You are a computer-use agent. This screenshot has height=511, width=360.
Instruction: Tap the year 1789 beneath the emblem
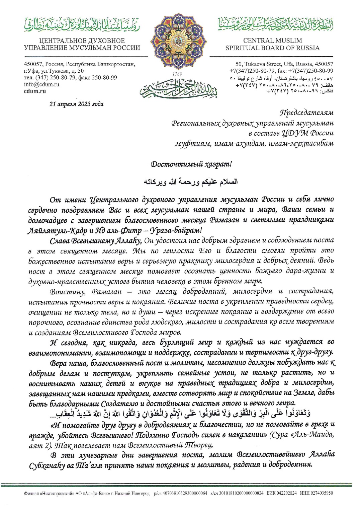click(177, 73)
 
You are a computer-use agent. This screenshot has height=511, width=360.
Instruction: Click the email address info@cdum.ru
click(41, 84)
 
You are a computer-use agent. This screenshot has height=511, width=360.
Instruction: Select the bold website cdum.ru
click(35, 91)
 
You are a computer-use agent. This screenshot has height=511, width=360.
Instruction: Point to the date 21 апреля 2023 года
click(76, 104)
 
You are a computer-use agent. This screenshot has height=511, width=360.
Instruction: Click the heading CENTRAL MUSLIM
click(272, 41)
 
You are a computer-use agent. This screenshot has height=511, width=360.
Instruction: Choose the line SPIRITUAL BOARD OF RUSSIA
click(272, 48)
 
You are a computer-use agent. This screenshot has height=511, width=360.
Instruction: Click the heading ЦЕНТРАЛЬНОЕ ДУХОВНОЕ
click(82, 41)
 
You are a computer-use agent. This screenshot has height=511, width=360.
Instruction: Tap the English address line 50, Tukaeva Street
click(284, 64)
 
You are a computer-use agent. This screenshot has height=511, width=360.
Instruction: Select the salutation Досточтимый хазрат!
click(191, 164)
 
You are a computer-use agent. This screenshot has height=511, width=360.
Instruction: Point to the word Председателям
click(306, 113)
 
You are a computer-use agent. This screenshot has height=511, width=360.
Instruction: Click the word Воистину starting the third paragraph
click(67, 291)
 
